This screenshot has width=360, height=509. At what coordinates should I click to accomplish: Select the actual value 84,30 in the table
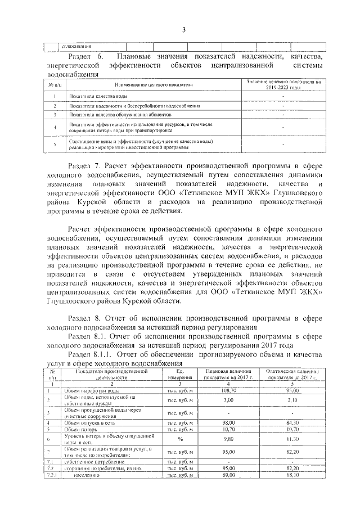click(x=291, y=422)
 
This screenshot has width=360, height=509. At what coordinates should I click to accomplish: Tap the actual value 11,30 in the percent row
click(x=291, y=439)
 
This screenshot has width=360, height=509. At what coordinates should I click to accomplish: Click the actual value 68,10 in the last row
click(x=291, y=475)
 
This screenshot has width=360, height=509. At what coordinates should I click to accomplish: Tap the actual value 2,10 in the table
click(x=291, y=400)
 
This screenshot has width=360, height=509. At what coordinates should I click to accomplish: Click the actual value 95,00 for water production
click(x=291, y=390)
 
